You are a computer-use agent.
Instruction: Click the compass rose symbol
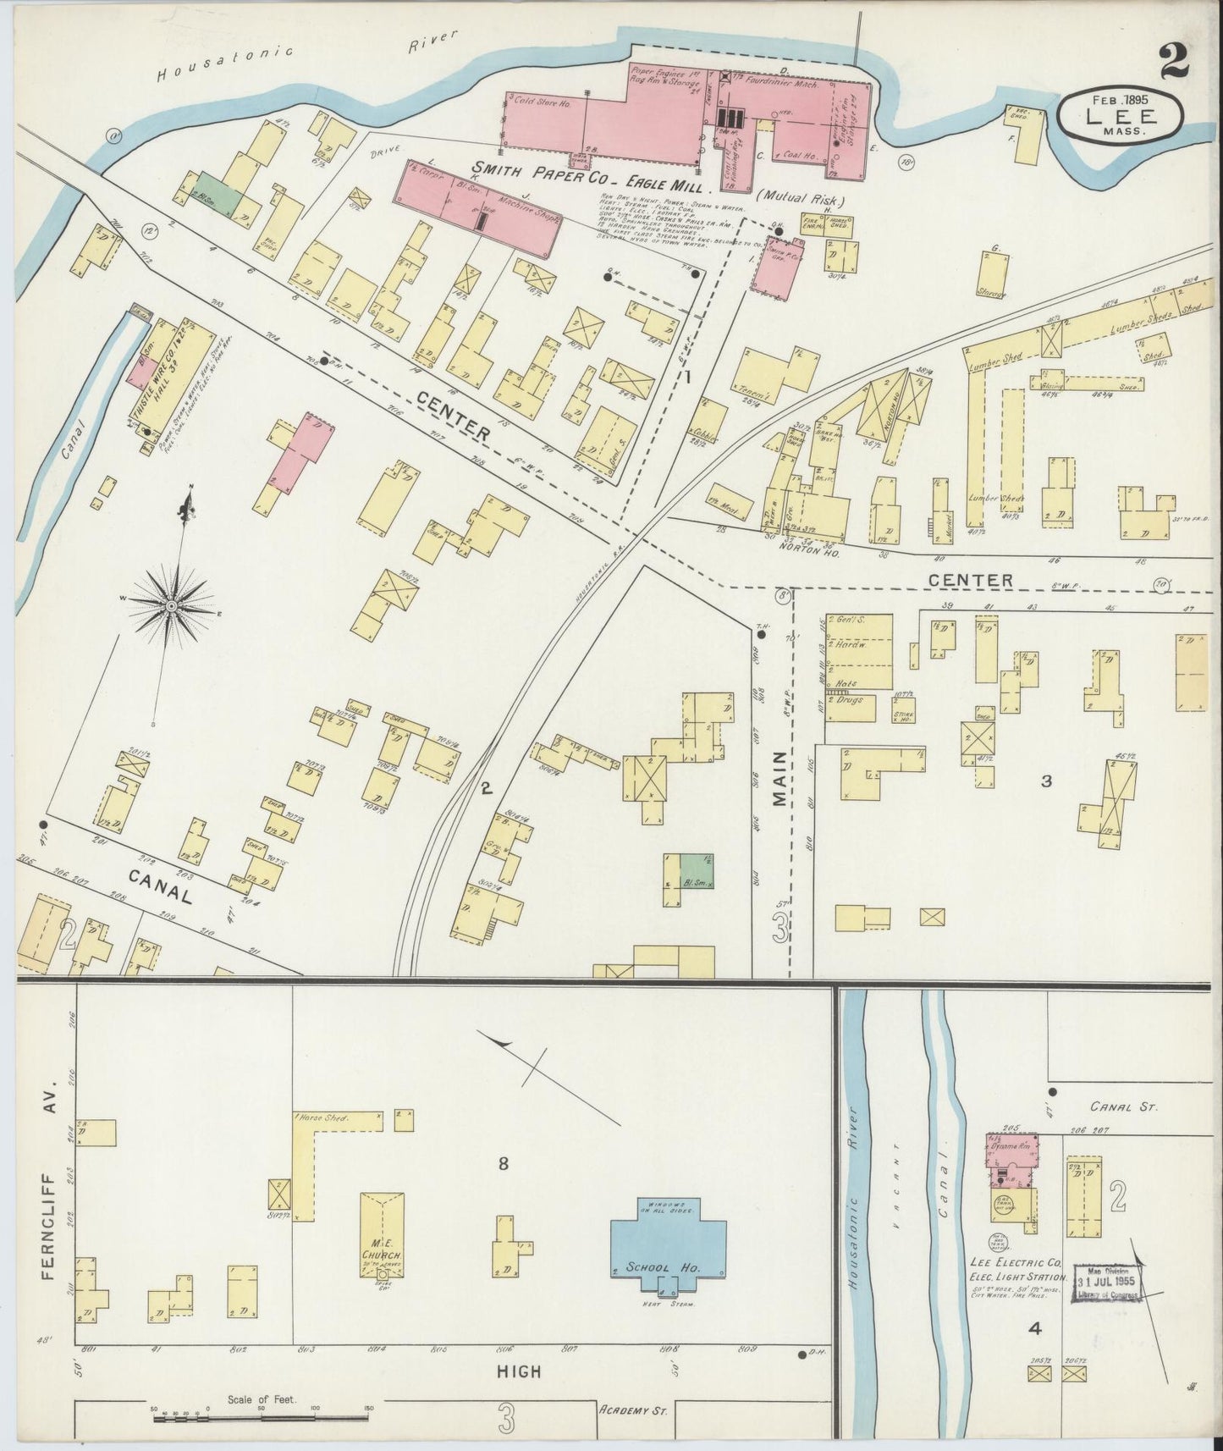(172, 606)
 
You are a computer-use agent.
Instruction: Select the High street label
(521, 1371)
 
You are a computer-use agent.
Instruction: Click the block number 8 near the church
(503, 1164)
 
